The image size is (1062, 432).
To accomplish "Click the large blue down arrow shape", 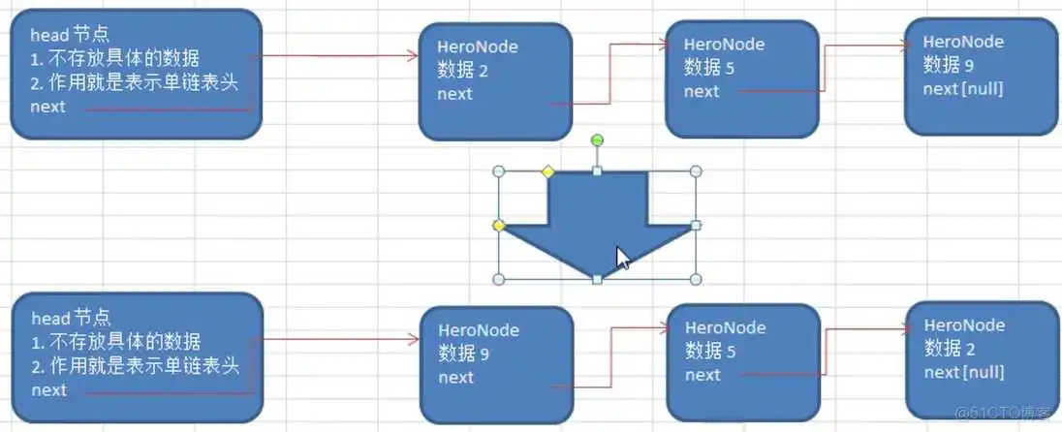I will [x=597, y=218].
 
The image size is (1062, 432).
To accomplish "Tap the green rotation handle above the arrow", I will [x=597, y=141].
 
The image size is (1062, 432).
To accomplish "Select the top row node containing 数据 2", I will [x=495, y=81].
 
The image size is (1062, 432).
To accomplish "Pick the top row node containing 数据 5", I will [x=741, y=77].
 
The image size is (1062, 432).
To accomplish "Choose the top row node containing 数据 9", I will [x=980, y=76].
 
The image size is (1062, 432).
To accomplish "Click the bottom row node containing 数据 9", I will [x=496, y=364].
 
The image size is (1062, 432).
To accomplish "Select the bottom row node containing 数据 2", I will [x=982, y=359].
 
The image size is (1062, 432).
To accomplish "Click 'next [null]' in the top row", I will [x=963, y=88].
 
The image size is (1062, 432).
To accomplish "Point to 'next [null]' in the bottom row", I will [x=964, y=373].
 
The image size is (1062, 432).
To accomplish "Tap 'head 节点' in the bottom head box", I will [x=71, y=318].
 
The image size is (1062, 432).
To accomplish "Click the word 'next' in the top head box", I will [x=48, y=107].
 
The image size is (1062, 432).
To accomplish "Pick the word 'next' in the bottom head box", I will [x=49, y=389].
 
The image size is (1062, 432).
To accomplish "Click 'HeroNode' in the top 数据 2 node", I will [x=478, y=47].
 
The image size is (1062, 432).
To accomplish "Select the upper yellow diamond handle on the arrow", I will [x=547, y=172].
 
